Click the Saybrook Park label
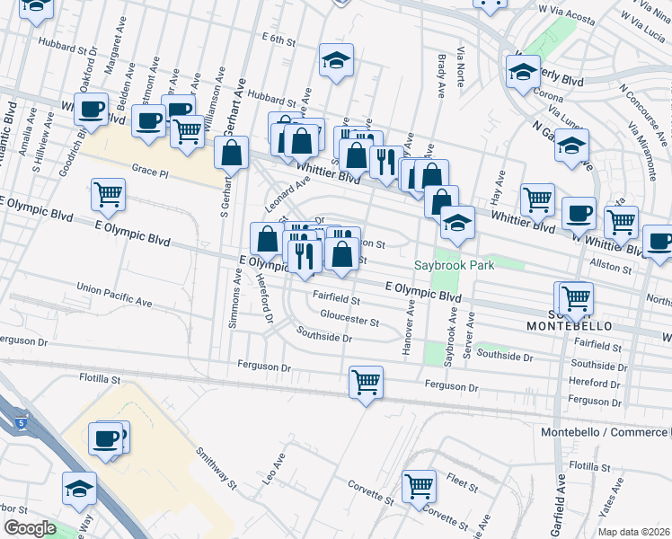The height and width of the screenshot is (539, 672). pyautogui.click(x=455, y=266)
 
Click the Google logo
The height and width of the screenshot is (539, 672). pyautogui.click(x=31, y=528)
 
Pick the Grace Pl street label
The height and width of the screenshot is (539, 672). pyautogui.click(x=150, y=168)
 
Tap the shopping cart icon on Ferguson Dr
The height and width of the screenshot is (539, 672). pyautogui.click(x=366, y=382)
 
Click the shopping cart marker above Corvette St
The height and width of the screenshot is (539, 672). pyautogui.click(x=419, y=486)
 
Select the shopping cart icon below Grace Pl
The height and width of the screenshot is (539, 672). pyautogui.click(x=108, y=193)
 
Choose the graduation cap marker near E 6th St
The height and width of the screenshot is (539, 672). pyautogui.click(x=337, y=60)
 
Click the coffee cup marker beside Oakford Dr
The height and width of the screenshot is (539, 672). pyautogui.click(x=90, y=110)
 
